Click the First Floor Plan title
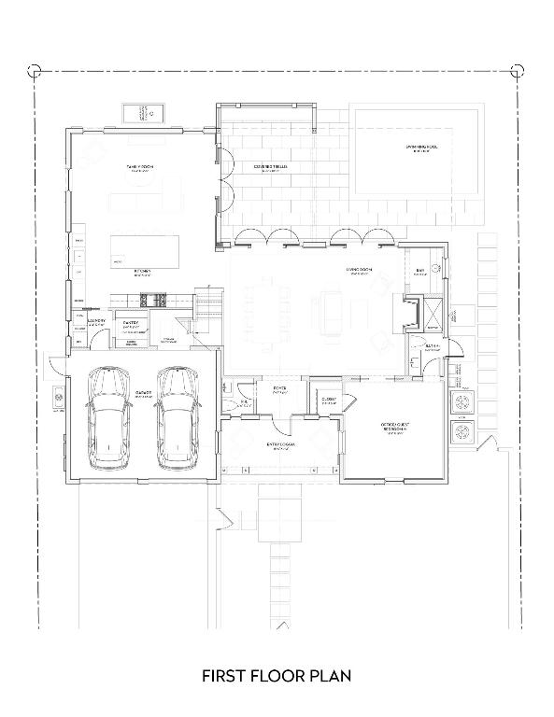(x=277, y=675)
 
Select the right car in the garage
(x=178, y=418)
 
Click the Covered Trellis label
(x=271, y=167)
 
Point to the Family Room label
(x=139, y=167)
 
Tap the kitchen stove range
(x=152, y=300)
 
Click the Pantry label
(x=131, y=323)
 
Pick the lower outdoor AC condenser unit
(x=463, y=434)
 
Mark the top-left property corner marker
(x=35, y=69)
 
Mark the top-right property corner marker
(x=518, y=69)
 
